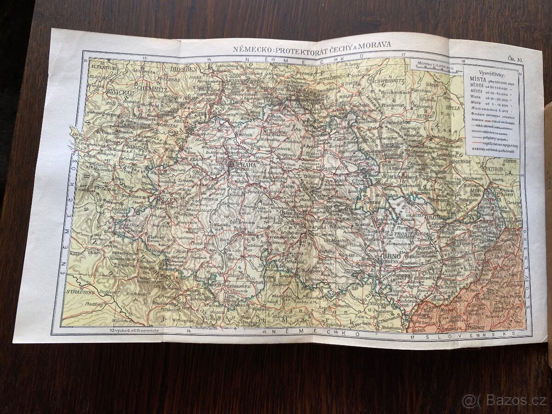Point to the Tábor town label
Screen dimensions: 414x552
click(238, 228)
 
